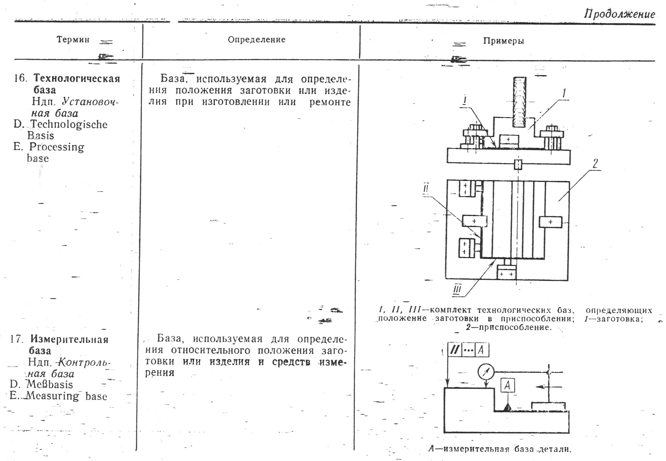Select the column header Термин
tap(73, 40)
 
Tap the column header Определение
tap(256, 40)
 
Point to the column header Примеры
tap(503, 41)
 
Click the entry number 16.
tap(20, 79)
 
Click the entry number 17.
tap(17, 339)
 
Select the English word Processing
tap(57, 147)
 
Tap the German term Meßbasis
tap(50, 384)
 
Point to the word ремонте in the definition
tap(330, 102)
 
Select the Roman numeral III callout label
tap(457, 290)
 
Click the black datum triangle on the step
tap(507, 408)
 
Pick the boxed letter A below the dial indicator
tap(508, 386)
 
